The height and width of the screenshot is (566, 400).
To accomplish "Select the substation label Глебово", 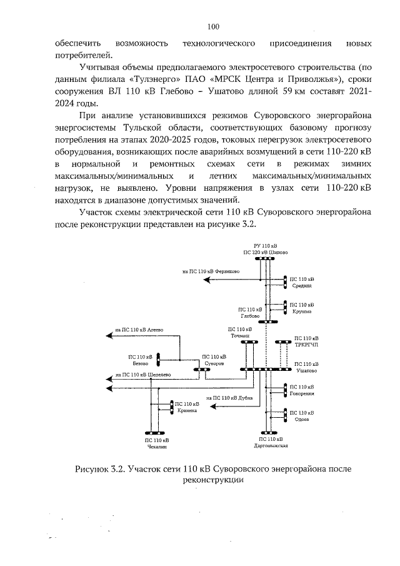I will [x=249, y=316].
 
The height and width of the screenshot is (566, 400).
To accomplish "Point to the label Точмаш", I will [x=240, y=336].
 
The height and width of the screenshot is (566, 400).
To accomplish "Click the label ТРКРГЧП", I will [x=306, y=344].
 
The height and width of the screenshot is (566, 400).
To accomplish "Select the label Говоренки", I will [x=302, y=394].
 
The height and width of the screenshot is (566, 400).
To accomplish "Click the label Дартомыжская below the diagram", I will [x=271, y=446].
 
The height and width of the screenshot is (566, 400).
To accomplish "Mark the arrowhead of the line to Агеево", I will [x=111, y=336].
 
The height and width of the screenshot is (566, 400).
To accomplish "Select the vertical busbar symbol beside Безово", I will [x=158, y=360].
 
